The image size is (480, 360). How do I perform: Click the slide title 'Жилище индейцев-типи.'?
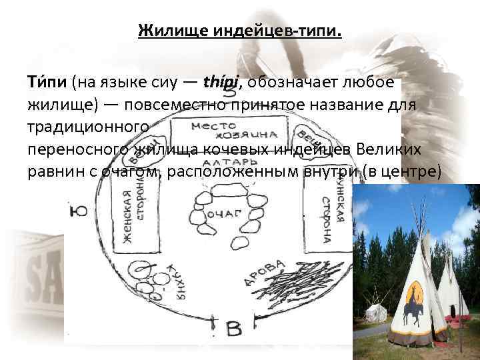point(239,31)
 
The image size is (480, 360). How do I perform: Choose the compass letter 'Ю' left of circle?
point(79,212)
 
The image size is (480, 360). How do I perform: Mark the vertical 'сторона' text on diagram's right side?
point(327,220)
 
